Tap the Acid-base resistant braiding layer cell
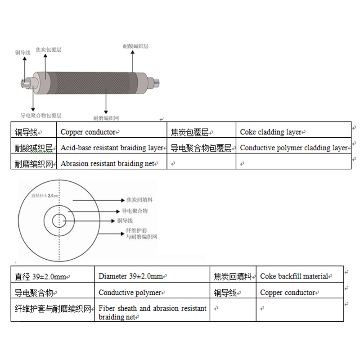coord(112,148)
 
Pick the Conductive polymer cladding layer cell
coord(293,148)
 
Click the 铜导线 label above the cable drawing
coord(22,53)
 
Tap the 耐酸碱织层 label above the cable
coord(135,46)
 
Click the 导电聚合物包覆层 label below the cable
coord(41,115)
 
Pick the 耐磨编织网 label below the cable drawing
coord(106,118)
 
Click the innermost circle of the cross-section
coord(59,221)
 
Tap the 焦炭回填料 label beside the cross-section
coord(140,199)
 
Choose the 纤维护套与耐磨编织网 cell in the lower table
coord(53,309)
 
